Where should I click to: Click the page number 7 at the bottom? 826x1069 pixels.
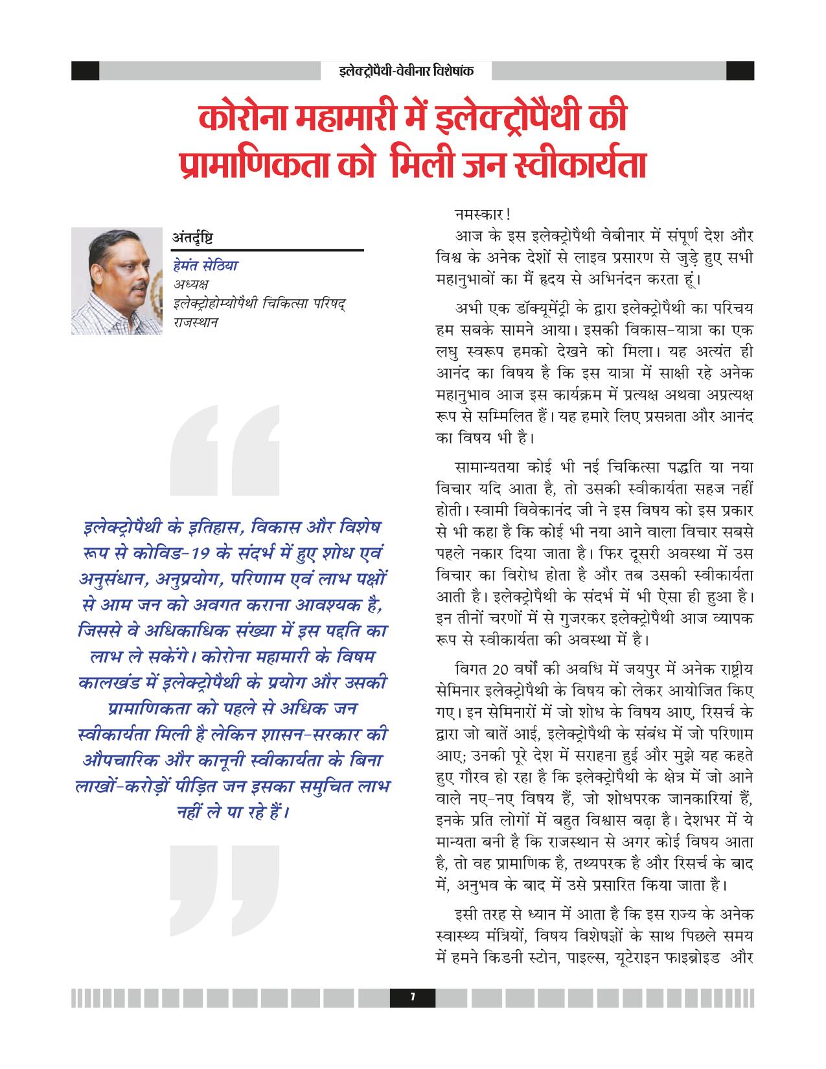point(412,998)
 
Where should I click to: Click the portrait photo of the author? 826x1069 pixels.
point(117,281)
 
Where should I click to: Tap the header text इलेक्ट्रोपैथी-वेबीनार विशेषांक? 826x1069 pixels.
point(406,70)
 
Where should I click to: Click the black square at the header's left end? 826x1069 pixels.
point(85,71)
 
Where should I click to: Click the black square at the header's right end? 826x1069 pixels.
point(740,71)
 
